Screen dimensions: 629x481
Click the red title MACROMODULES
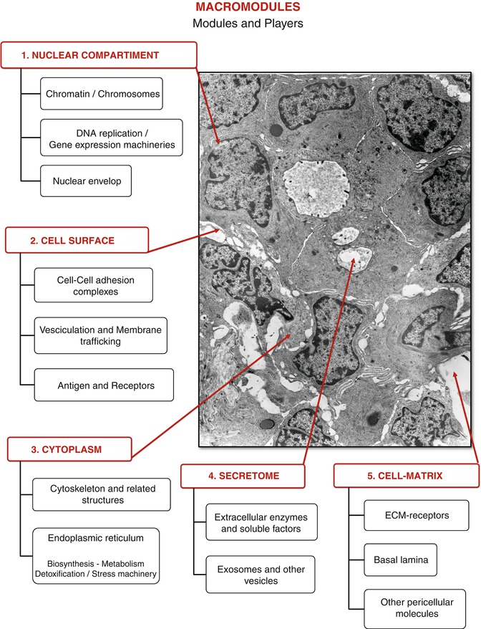pos(240,8)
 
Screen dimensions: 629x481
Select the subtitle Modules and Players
pos(240,23)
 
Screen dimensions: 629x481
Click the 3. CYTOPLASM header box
pos(70,449)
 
